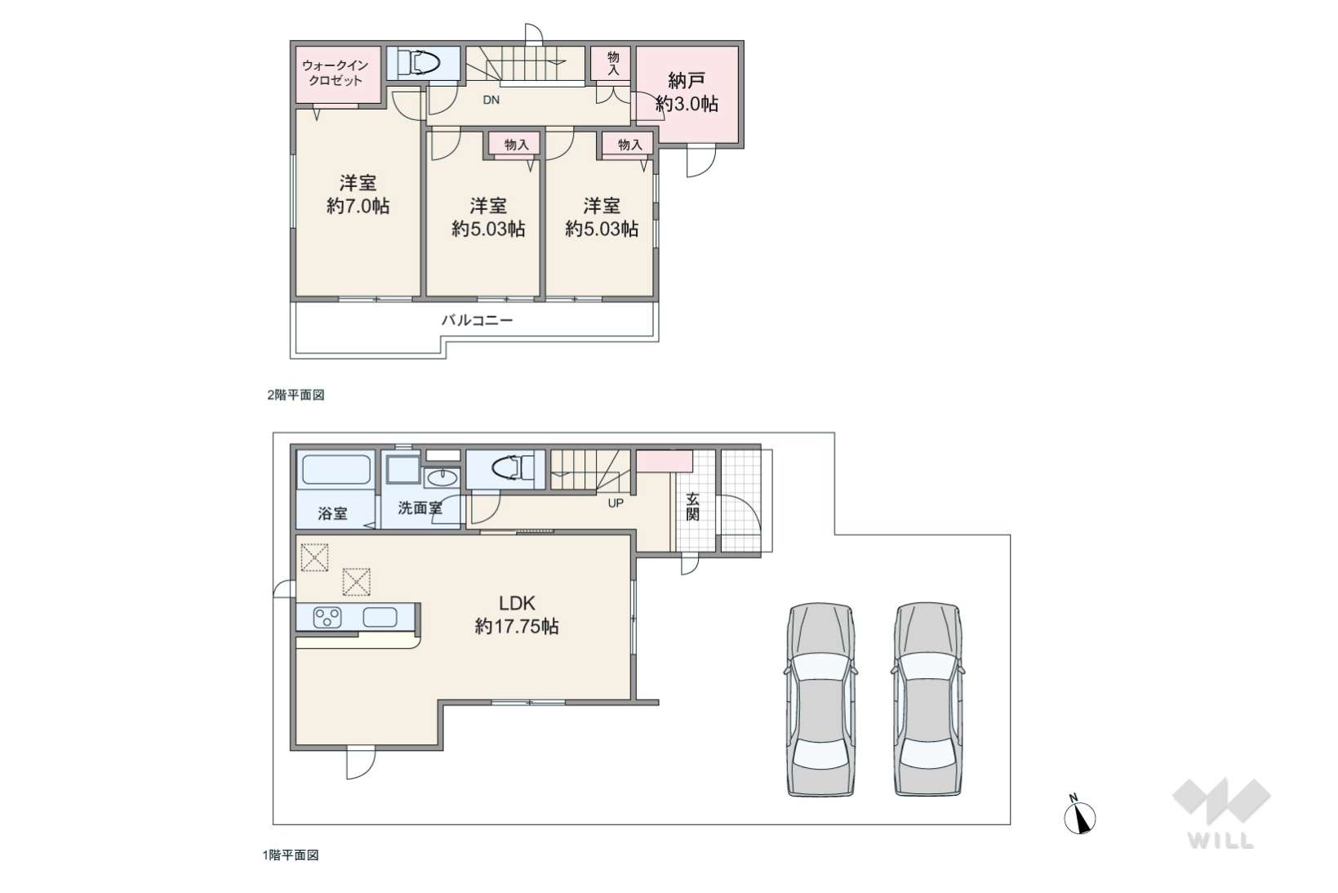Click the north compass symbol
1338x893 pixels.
[1079, 815]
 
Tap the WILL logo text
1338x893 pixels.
[1220, 841]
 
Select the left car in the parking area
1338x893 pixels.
[820, 699]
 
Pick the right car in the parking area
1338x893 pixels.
[927, 699]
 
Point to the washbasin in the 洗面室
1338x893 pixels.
[442, 478]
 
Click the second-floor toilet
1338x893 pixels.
[419, 63]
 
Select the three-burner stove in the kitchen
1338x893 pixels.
[327, 618]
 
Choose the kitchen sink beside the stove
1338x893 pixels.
[380, 617]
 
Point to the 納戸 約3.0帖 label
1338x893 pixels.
[687, 92]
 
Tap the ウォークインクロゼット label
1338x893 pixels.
[335, 73]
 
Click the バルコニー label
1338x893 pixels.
[477, 320]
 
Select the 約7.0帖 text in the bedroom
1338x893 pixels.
[358, 206]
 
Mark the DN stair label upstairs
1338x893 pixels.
[491, 100]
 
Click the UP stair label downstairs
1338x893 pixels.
[616, 503]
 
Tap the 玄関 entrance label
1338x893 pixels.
[692, 507]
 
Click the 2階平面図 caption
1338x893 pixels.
[296, 395]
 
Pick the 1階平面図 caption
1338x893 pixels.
[291, 855]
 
